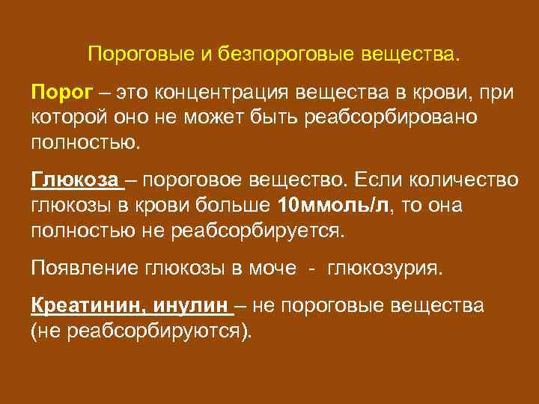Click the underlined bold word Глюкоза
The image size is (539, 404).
(x=74, y=182)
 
